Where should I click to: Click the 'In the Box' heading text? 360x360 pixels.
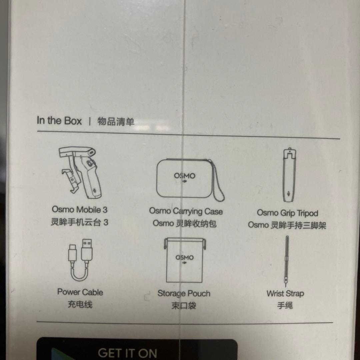click(x=59, y=121)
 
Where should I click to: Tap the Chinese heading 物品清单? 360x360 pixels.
click(x=116, y=121)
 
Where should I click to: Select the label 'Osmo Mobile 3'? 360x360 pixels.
click(x=80, y=210)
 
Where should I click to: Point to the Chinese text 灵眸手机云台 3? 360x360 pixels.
click(x=79, y=222)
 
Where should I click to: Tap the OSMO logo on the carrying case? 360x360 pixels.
click(x=185, y=176)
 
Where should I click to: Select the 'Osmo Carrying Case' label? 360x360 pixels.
click(x=186, y=211)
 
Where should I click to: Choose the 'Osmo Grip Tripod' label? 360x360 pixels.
click(x=287, y=213)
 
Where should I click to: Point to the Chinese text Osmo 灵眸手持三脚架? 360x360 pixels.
click(x=287, y=225)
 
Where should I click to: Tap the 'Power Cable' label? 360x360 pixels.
click(x=80, y=292)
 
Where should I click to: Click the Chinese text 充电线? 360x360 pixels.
click(x=80, y=304)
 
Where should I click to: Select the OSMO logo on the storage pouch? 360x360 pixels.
click(x=184, y=257)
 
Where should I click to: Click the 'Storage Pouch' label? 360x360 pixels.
click(x=184, y=293)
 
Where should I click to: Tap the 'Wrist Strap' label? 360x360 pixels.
click(x=285, y=293)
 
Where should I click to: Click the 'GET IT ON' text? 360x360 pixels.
click(x=128, y=353)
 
